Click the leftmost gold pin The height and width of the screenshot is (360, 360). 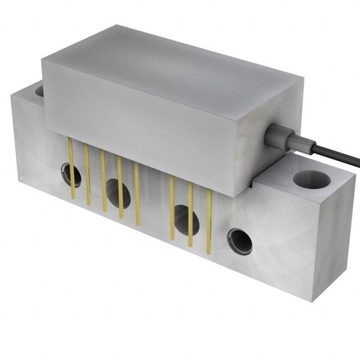pyautogui.click(x=71, y=168)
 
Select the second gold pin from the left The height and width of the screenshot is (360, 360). pyautogui.click(x=88, y=174)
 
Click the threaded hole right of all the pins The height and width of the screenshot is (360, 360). pyautogui.click(x=240, y=241)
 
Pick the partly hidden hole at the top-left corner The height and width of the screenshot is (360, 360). pyautogui.click(x=39, y=90)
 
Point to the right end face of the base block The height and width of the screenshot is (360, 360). pyautogui.click(x=337, y=242)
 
